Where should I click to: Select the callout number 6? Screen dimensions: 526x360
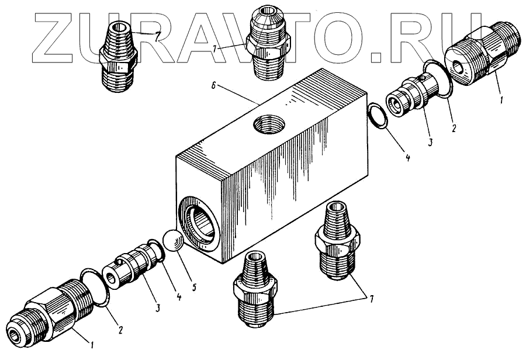[214, 86]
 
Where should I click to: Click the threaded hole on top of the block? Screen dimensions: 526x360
[269, 123]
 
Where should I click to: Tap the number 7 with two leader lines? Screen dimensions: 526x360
[371, 298]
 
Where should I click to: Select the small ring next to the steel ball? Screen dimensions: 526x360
[155, 251]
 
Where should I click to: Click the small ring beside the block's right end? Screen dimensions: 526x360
[378, 116]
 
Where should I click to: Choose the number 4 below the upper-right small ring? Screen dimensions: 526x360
[407, 157]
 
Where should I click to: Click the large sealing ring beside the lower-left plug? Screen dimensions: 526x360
[95, 288]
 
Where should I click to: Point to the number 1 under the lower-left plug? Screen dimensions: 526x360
[91, 344]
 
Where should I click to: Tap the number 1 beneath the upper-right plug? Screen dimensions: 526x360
[501, 100]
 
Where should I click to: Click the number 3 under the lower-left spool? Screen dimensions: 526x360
[158, 307]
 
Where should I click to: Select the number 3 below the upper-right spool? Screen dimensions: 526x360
[430, 141]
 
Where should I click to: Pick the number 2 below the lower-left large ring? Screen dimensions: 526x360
[120, 330]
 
